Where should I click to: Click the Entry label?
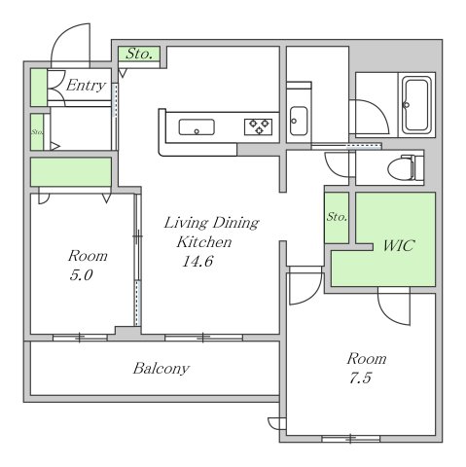click(x=86, y=86)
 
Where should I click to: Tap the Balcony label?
click(x=161, y=369)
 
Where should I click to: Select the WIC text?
click(x=399, y=245)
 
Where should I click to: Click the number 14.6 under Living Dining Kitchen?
click(x=197, y=262)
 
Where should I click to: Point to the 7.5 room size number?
click(x=360, y=378)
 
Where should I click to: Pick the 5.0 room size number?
click(x=81, y=275)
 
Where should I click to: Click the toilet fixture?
click(x=406, y=167)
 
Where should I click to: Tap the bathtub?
click(x=416, y=105)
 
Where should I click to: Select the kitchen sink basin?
click(x=197, y=126)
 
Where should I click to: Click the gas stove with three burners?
click(x=258, y=126)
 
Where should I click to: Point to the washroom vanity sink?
click(x=299, y=121)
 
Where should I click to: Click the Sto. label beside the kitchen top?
click(x=139, y=54)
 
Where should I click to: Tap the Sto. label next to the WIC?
click(x=337, y=217)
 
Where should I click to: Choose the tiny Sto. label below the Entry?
click(x=37, y=132)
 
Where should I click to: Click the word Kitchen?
click(x=204, y=242)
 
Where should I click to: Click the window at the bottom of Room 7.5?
click(x=350, y=439)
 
